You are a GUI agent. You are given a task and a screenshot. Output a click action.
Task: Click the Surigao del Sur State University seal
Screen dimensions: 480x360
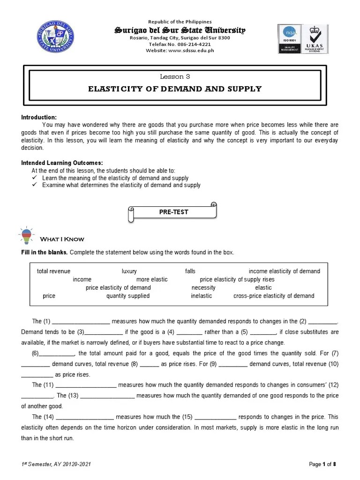(54, 37)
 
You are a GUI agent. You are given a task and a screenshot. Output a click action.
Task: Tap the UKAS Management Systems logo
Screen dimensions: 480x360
(321, 38)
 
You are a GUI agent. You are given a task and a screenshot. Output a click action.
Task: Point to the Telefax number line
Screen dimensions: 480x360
(180, 44)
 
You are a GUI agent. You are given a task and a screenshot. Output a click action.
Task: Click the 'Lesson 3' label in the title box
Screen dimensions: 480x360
(175, 76)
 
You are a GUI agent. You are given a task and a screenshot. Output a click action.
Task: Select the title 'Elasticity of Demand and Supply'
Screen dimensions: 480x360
(175, 89)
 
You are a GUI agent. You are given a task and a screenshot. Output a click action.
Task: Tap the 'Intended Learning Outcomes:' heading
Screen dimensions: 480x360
(62, 163)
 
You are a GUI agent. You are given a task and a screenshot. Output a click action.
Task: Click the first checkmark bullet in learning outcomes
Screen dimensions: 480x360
(34, 178)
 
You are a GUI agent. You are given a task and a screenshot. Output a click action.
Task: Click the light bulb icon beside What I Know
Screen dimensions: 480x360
(26, 235)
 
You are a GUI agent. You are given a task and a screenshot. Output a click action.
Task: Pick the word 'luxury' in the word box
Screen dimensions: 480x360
(129, 271)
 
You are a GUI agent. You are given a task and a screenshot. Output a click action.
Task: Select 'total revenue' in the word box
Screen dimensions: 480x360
(53, 271)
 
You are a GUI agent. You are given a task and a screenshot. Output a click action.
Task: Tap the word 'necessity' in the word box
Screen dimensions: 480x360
(203, 287)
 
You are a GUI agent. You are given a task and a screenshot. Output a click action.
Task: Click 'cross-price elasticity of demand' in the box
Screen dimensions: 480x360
(274, 296)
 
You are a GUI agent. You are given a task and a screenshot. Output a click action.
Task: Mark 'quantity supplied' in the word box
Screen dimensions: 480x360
(128, 296)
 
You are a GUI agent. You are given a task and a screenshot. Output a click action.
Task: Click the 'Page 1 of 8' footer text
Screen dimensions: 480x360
(323, 464)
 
